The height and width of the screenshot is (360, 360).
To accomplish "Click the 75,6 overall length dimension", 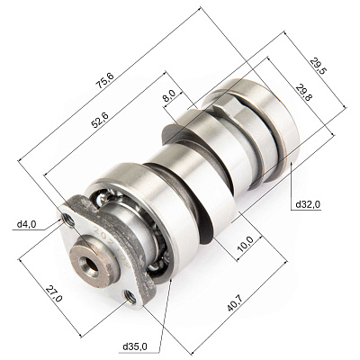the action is (104, 80).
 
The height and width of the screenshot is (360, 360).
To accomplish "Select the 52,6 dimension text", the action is (100, 120).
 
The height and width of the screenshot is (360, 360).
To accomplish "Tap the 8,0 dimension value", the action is (169, 95).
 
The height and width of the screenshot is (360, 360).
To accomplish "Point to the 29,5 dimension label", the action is (319, 66).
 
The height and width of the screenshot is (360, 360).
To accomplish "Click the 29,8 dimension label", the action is (303, 93).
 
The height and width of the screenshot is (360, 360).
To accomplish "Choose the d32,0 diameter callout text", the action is (308, 204).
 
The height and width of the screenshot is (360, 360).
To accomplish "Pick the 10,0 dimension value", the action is (245, 244).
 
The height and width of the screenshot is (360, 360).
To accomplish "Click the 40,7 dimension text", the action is (236, 302).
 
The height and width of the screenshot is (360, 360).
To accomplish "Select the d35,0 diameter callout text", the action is (135, 346).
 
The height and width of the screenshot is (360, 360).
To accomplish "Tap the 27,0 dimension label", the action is (54, 293).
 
